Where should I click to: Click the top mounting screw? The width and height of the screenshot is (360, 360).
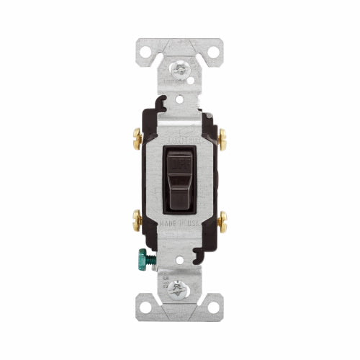179,69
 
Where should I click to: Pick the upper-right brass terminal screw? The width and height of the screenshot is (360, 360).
220,135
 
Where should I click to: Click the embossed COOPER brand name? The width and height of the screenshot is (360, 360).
179,134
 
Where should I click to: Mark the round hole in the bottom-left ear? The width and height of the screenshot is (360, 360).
146,307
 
